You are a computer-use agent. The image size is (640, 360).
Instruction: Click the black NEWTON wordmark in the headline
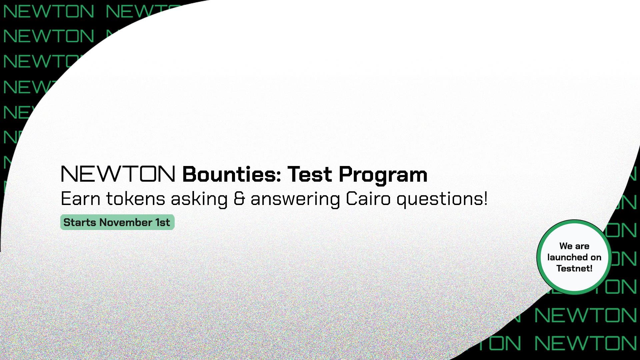(118, 174)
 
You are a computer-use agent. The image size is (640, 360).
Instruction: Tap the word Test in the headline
(310, 174)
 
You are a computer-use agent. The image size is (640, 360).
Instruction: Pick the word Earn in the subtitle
(80, 199)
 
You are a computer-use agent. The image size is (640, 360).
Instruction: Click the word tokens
(135, 199)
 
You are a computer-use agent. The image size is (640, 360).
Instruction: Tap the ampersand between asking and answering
(239, 199)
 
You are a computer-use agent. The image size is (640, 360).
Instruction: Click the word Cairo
(368, 199)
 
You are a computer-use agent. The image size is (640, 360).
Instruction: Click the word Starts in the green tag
(79, 222)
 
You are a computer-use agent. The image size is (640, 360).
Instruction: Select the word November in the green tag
(126, 222)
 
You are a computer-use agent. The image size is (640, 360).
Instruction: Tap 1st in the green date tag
(163, 222)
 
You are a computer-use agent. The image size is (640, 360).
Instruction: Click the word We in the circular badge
(566, 246)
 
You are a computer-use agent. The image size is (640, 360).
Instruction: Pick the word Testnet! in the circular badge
(574, 269)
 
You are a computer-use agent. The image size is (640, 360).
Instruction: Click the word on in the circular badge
(596, 258)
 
